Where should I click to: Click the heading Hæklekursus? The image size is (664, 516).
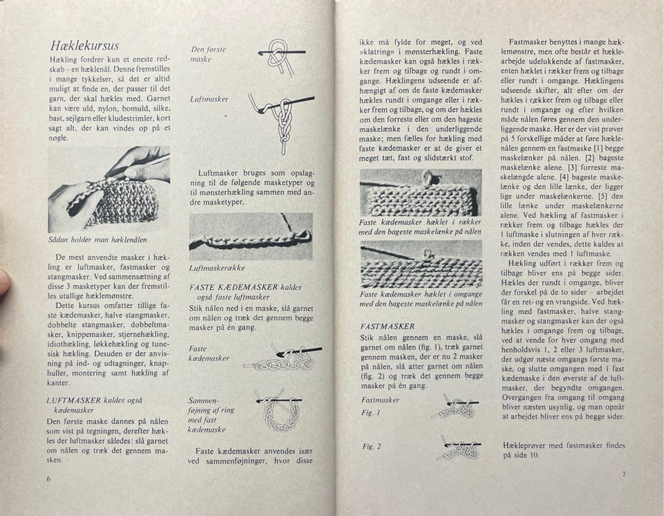click(x=84, y=46)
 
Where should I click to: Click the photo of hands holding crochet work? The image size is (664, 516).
click(x=109, y=188)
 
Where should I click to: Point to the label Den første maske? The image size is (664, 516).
click(x=208, y=54)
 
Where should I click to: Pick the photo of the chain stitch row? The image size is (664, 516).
click(x=250, y=236)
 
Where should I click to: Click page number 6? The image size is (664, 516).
click(x=48, y=479)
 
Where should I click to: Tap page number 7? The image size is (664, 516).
click(x=622, y=474)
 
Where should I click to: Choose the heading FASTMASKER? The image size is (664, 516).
click(x=387, y=326)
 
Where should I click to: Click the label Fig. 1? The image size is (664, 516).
click(x=368, y=412)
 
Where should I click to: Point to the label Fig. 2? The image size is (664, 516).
click(x=371, y=446)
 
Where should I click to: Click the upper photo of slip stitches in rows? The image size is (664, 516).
click(x=421, y=193)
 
